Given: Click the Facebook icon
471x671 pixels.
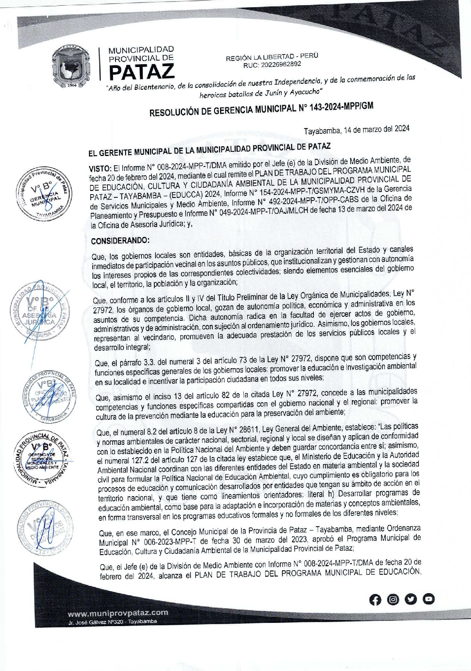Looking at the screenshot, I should click(376, 599).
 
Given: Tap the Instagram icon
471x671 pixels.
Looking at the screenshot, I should click(394, 599).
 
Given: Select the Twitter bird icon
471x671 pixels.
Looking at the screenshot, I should click(411, 599).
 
